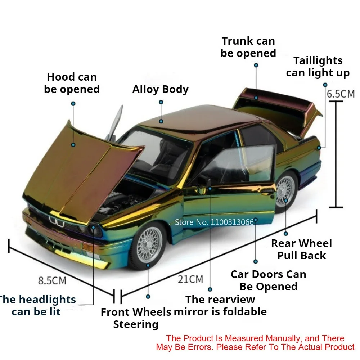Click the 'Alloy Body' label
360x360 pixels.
[x=160, y=89]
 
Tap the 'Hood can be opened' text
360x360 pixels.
[x=72, y=83]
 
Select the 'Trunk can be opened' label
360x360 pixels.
[x=248, y=47]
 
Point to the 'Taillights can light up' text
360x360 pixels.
[x=318, y=67]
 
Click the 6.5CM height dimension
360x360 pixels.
[x=340, y=94]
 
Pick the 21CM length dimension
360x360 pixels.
[x=190, y=279]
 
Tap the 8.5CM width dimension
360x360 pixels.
[x=52, y=280]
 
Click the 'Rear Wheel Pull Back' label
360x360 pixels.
[x=301, y=249]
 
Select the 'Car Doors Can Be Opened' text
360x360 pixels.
[x=268, y=280]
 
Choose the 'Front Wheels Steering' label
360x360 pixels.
[x=136, y=318]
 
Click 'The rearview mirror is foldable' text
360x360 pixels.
[x=220, y=305]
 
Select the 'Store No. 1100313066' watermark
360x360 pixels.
[x=214, y=222]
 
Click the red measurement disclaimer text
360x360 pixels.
[x=255, y=343]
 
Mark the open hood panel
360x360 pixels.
[x=79, y=166]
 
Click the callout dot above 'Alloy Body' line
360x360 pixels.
[x=161, y=103]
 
